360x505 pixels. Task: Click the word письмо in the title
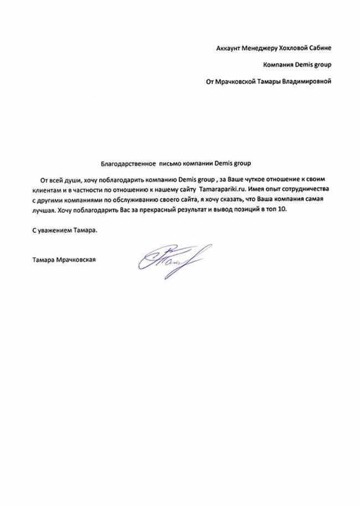pos(171,164)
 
